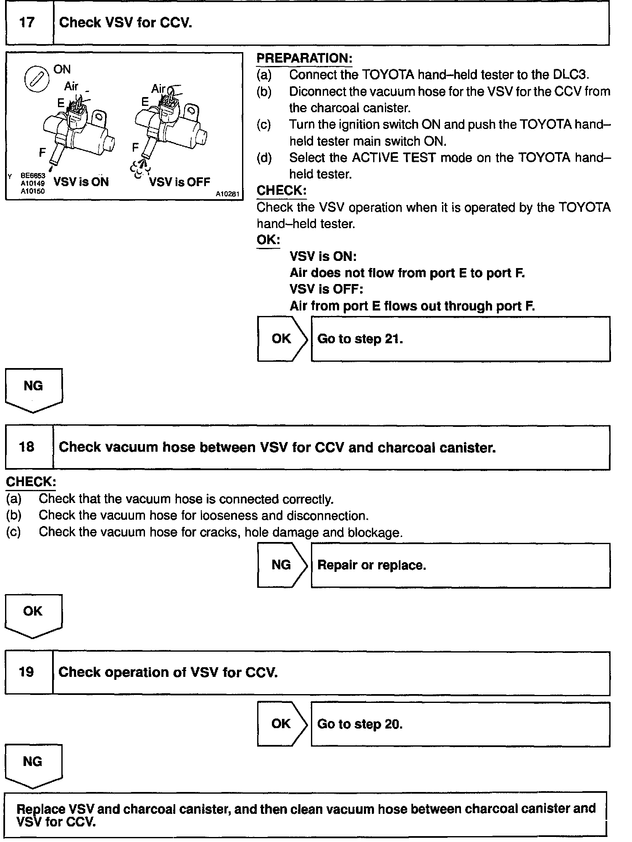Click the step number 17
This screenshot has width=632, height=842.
click(27, 23)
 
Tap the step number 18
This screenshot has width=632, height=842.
click(27, 447)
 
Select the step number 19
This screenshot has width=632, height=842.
click(27, 672)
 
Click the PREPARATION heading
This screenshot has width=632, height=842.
click(304, 58)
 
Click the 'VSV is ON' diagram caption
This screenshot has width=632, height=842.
click(81, 182)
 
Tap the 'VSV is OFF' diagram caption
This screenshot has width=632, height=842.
click(179, 182)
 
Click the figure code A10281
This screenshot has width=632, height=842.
click(228, 194)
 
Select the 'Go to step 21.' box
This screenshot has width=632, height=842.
click(461, 339)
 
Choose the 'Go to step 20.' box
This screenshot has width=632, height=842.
click(461, 724)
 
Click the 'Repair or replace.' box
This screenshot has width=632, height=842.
click(461, 565)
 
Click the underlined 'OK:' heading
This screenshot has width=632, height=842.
click(268, 240)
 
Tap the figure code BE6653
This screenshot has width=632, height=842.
click(33, 176)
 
